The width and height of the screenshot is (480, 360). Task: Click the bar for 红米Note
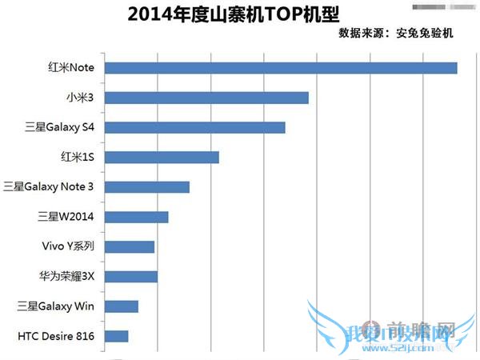point(281,67)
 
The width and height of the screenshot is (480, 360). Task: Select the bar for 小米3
point(206,98)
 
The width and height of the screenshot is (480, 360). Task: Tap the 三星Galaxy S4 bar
point(195,127)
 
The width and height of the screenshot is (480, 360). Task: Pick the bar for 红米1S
point(162,157)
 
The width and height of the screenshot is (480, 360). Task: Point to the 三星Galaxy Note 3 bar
point(147,186)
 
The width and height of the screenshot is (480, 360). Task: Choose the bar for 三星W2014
point(137,217)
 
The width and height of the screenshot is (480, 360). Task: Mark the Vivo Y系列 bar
point(130,246)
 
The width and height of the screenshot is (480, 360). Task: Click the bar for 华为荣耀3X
point(131,277)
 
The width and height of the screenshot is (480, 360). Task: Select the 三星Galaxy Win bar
point(122,306)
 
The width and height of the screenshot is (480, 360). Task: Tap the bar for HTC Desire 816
point(117,336)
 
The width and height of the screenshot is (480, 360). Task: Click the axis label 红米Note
point(71,68)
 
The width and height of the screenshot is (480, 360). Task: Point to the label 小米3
point(81,98)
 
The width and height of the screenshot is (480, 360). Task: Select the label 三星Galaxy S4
point(60,127)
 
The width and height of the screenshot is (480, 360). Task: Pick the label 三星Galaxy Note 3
point(49,187)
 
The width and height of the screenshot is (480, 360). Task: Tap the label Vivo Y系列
point(69,246)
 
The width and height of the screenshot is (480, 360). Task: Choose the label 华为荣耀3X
point(67,277)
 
